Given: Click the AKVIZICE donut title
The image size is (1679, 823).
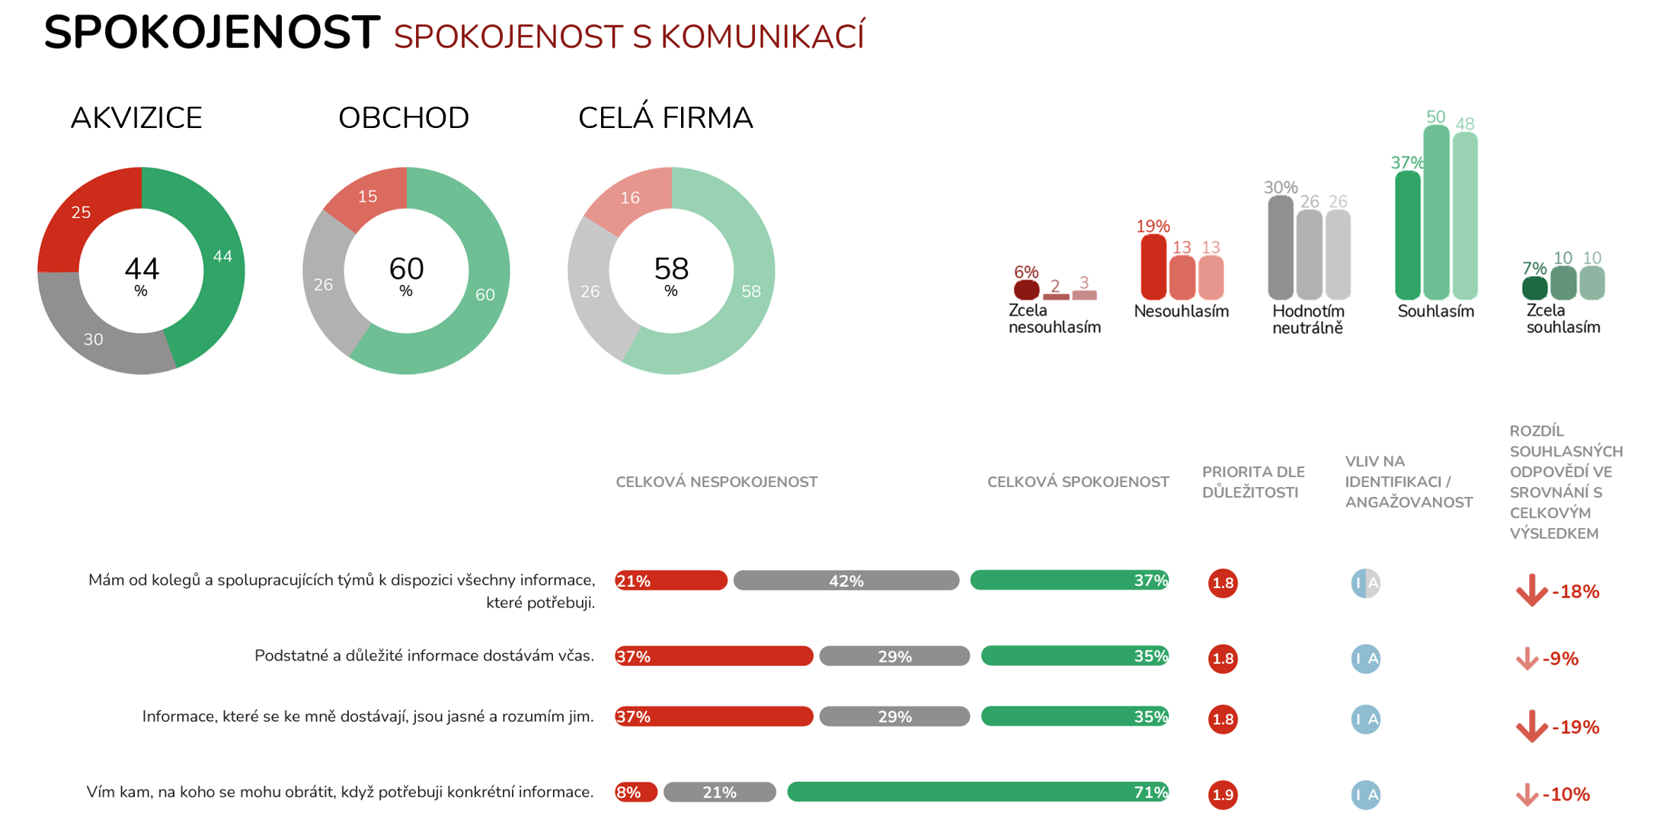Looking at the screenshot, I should (x=136, y=118).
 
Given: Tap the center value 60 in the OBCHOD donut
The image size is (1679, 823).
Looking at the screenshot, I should (x=406, y=269).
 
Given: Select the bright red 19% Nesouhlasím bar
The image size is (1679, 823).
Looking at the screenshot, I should (x=1153, y=267).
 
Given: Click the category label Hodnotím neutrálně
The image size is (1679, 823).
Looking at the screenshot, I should (x=1308, y=319).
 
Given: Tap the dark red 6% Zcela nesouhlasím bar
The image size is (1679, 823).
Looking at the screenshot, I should (x=1026, y=290).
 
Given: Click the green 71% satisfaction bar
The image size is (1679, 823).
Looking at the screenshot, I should (x=977, y=792).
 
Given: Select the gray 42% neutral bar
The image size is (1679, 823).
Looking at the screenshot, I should (x=846, y=581).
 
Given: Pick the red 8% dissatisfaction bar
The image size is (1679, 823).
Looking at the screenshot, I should (x=635, y=793).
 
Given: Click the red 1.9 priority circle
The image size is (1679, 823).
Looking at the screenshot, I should (x=1223, y=795).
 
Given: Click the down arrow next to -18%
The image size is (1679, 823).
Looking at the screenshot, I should (x=1531, y=591).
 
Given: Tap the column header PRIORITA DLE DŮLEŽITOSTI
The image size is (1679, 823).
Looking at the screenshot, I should (x=1252, y=482).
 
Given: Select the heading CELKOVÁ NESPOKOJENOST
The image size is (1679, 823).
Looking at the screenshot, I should (x=716, y=482).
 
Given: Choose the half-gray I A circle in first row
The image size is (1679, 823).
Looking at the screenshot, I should (x=1365, y=583).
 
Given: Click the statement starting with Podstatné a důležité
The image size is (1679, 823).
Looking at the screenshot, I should (x=424, y=655).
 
